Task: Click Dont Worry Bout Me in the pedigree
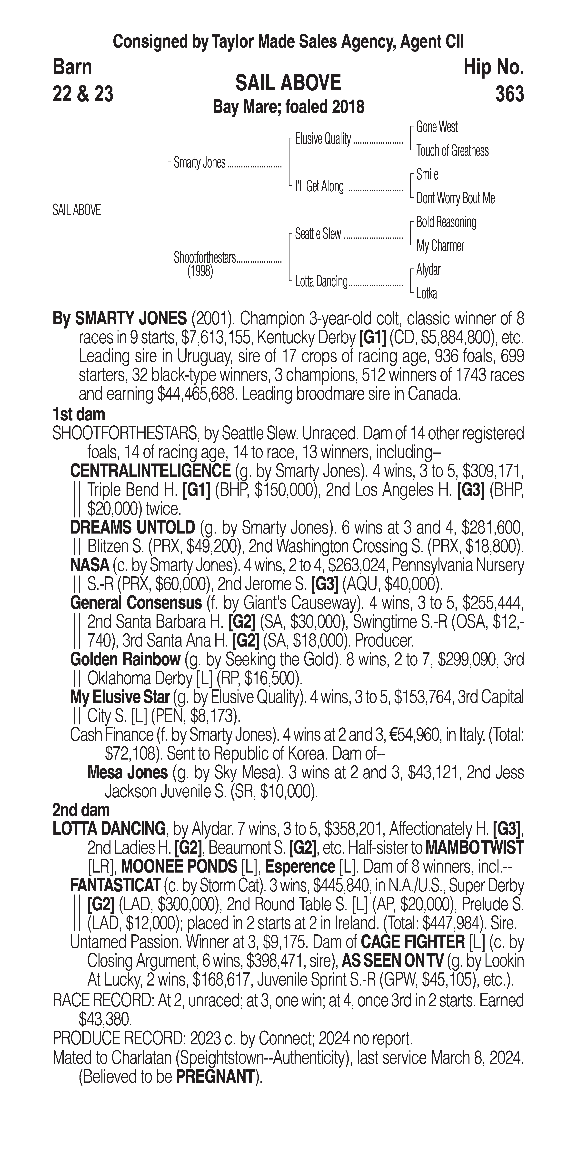(x=455, y=198)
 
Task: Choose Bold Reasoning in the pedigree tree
(x=446, y=222)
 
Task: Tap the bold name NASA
(x=90, y=565)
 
